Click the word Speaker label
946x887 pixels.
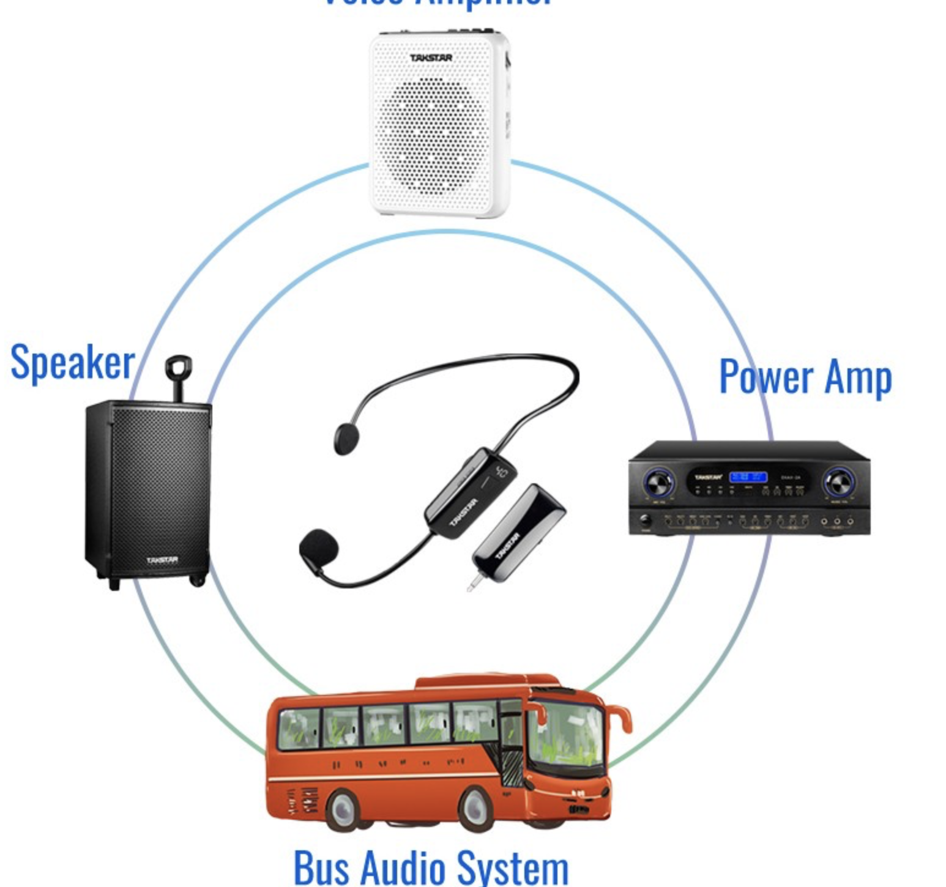[72, 363]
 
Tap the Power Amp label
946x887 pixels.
[805, 377]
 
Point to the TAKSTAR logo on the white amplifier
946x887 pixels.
[431, 58]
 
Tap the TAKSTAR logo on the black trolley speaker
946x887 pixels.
[162, 560]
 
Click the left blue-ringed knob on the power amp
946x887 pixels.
[658, 483]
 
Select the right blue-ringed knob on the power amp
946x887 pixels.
[838, 482]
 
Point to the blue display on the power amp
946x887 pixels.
[748, 476]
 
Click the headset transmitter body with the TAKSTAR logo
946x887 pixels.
[470, 492]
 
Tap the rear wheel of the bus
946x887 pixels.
[343, 809]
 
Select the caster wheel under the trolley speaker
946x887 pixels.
[198, 579]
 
